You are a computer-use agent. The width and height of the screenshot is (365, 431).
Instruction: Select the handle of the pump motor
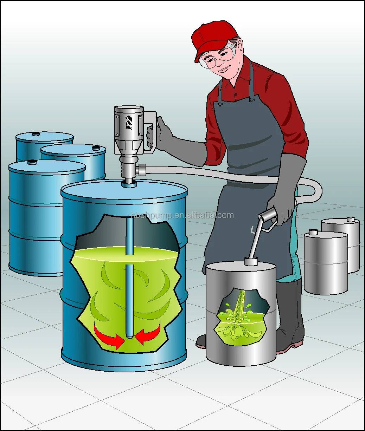[x=151, y=130]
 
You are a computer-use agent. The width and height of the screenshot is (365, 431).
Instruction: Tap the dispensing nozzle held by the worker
[x=260, y=228]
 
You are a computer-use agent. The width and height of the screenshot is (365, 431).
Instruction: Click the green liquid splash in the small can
[x=239, y=316]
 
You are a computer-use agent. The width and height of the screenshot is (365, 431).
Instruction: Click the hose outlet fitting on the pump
[x=142, y=170]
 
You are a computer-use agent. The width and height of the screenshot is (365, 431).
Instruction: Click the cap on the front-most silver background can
[x=313, y=232]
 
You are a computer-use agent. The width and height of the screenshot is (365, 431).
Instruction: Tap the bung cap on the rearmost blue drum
[x=36, y=134]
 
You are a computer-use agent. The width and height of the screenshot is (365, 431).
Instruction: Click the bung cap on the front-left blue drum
[x=32, y=162]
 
